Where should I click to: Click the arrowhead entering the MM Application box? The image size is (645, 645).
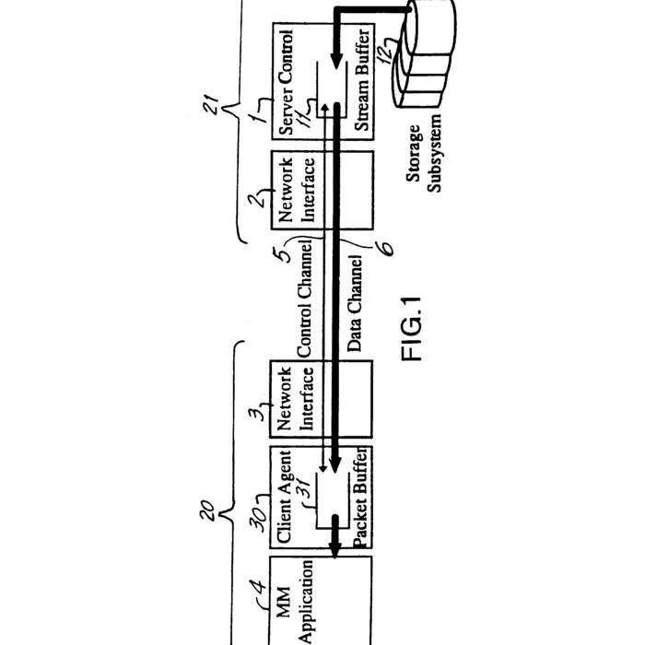pyautogui.click(x=334, y=550)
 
